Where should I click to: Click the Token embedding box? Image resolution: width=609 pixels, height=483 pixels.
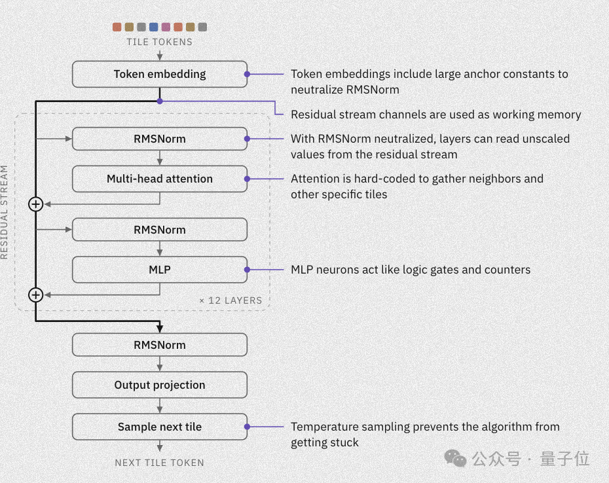coord(160,74)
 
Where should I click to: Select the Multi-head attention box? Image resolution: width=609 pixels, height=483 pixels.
coord(160,179)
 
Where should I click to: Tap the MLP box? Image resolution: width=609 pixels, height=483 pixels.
coord(160,270)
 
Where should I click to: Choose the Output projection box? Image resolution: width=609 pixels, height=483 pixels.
coord(160,385)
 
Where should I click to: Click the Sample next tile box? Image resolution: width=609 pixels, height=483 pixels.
coord(160,427)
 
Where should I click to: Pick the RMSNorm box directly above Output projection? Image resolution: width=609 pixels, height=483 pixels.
coord(160,345)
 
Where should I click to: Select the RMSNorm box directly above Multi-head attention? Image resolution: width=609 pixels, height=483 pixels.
coord(160,139)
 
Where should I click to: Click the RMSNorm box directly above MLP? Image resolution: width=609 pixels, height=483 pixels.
coord(160,230)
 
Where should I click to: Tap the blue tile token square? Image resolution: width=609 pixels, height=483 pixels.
coord(154,27)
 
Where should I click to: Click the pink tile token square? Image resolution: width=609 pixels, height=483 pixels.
coord(166,27)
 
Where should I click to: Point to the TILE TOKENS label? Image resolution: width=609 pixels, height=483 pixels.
coord(160,42)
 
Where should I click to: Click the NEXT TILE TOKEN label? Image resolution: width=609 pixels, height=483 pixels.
coord(160,463)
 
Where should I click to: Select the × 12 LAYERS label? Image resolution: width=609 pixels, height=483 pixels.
coord(231,300)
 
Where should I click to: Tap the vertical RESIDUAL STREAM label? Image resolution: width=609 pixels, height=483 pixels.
coord(5,212)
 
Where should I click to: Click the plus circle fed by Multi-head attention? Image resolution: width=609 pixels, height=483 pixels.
coord(36,204)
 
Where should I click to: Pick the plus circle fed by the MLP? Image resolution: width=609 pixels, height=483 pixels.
coord(36,295)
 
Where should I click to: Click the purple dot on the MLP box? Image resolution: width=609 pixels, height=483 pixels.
coord(247,270)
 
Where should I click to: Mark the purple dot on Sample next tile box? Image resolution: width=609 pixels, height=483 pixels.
coord(247,427)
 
